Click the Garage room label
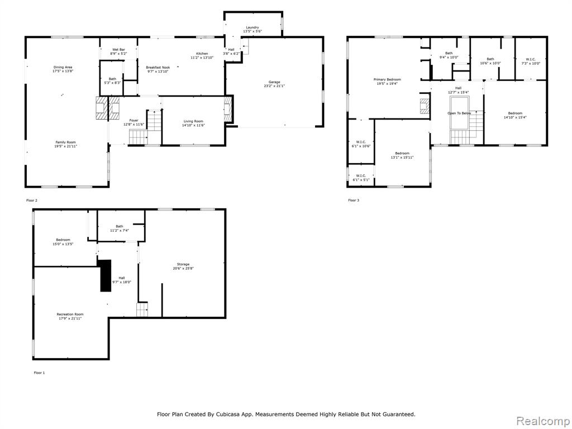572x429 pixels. [x=274, y=82]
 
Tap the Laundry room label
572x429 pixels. [x=252, y=27]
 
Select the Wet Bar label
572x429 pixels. [x=118, y=50]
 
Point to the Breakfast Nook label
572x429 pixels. [x=158, y=68]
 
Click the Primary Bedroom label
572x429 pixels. [x=387, y=79]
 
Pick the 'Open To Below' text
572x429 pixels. [x=459, y=113]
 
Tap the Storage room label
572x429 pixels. [x=183, y=264]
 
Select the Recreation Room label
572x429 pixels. [x=70, y=314]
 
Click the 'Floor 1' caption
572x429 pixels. [x=40, y=373]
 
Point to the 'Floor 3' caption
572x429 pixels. [x=354, y=201]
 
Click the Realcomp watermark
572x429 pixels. [x=543, y=421]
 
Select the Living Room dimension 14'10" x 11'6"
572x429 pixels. [x=193, y=126]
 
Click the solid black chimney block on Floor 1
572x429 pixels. [x=106, y=275]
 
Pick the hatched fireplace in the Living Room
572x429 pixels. [x=228, y=109]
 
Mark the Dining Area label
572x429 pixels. [x=63, y=67]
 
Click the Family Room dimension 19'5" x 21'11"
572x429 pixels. [x=66, y=146]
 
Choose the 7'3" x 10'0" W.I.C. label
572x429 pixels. [x=531, y=64]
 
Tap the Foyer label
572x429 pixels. [x=134, y=121]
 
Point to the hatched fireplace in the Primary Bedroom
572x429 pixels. [x=425, y=106]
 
